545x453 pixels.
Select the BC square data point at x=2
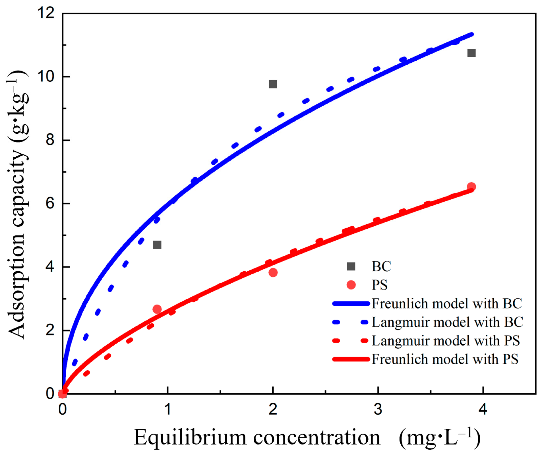273,84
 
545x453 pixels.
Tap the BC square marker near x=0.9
157,245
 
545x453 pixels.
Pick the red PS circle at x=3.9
471,186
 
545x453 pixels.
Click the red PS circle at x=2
273,272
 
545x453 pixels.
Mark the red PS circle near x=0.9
157,309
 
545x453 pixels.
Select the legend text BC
381,266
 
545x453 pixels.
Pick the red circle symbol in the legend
351,285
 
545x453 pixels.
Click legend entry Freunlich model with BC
446,303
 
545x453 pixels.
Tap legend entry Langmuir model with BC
447,322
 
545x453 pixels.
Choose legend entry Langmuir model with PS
446,341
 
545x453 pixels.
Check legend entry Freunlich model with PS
445,359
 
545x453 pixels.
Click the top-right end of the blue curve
472,34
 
